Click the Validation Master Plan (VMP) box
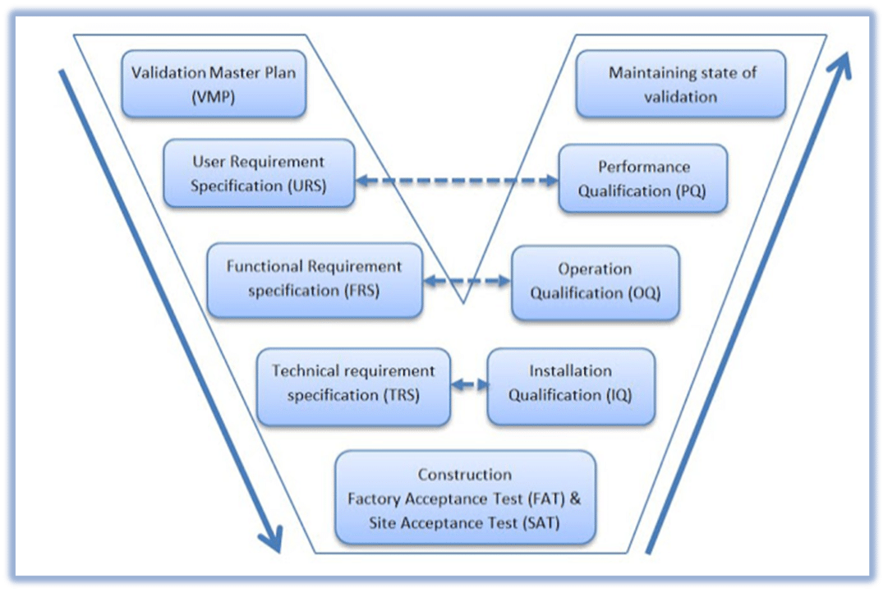click(214, 84)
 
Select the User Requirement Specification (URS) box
click(259, 173)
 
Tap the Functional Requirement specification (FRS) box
click(315, 279)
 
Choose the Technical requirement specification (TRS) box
click(353, 383)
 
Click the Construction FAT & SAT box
click(465, 498)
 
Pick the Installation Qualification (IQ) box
click(571, 383)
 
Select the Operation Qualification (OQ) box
click(595, 281)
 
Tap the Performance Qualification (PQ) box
click(642, 179)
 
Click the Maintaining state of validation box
click(681, 84)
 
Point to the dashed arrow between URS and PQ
click(457, 180)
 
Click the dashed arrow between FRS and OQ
click(467, 281)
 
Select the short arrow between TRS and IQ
click(469, 384)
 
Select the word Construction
click(465, 475)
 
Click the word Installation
click(570, 371)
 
